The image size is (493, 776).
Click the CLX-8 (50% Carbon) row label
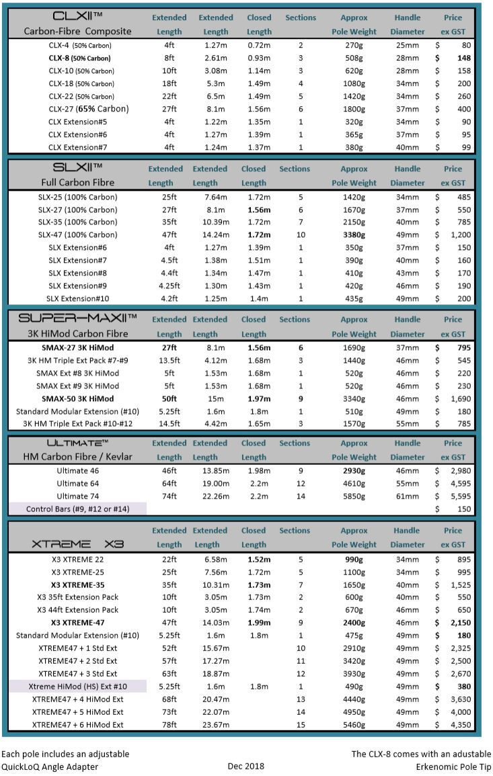[80, 58]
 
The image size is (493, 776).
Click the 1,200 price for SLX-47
[461, 235]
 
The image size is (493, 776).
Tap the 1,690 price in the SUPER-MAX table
[461, 398]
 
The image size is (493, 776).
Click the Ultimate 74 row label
[82, 497]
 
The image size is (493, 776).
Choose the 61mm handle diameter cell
[408, 497]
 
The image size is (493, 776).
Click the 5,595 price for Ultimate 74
[461, 497]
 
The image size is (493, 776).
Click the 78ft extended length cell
[169, 724]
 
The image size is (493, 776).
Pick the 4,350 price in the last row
[461, 724]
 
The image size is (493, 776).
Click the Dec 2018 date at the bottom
[245, 766]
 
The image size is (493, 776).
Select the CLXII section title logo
[76, 15]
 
